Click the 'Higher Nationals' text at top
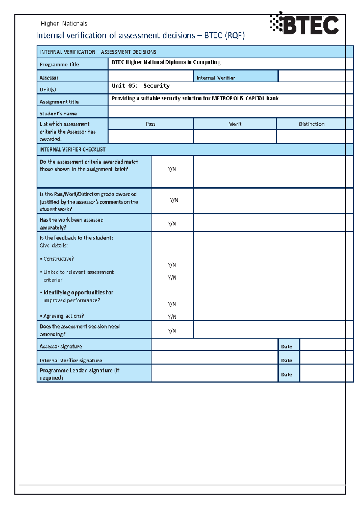[x=64, y=24]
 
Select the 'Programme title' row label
[x=59, y=64]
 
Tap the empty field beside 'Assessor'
[x=151, y=76]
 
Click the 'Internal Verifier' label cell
[x=216, y=78]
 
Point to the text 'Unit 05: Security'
[x=141, y=86]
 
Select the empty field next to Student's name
[x=226, y=112]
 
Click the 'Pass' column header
[x=151, y=124]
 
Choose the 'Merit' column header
[x=235, y=124]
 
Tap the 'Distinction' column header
[x=311, y=124]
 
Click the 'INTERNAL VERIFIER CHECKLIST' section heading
[x=72, y=150]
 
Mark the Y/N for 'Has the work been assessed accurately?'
[x=172, y=224]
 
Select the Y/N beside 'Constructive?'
[x=172, y=265]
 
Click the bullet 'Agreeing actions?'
[x=64, y=316]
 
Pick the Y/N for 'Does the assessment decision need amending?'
[x=172, y=331]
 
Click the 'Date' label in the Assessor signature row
[x=286, y=347]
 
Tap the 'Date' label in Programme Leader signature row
[x=286, y=374]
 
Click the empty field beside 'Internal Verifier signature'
[x=214, y=358]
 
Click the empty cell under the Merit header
[x=235, y=136]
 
